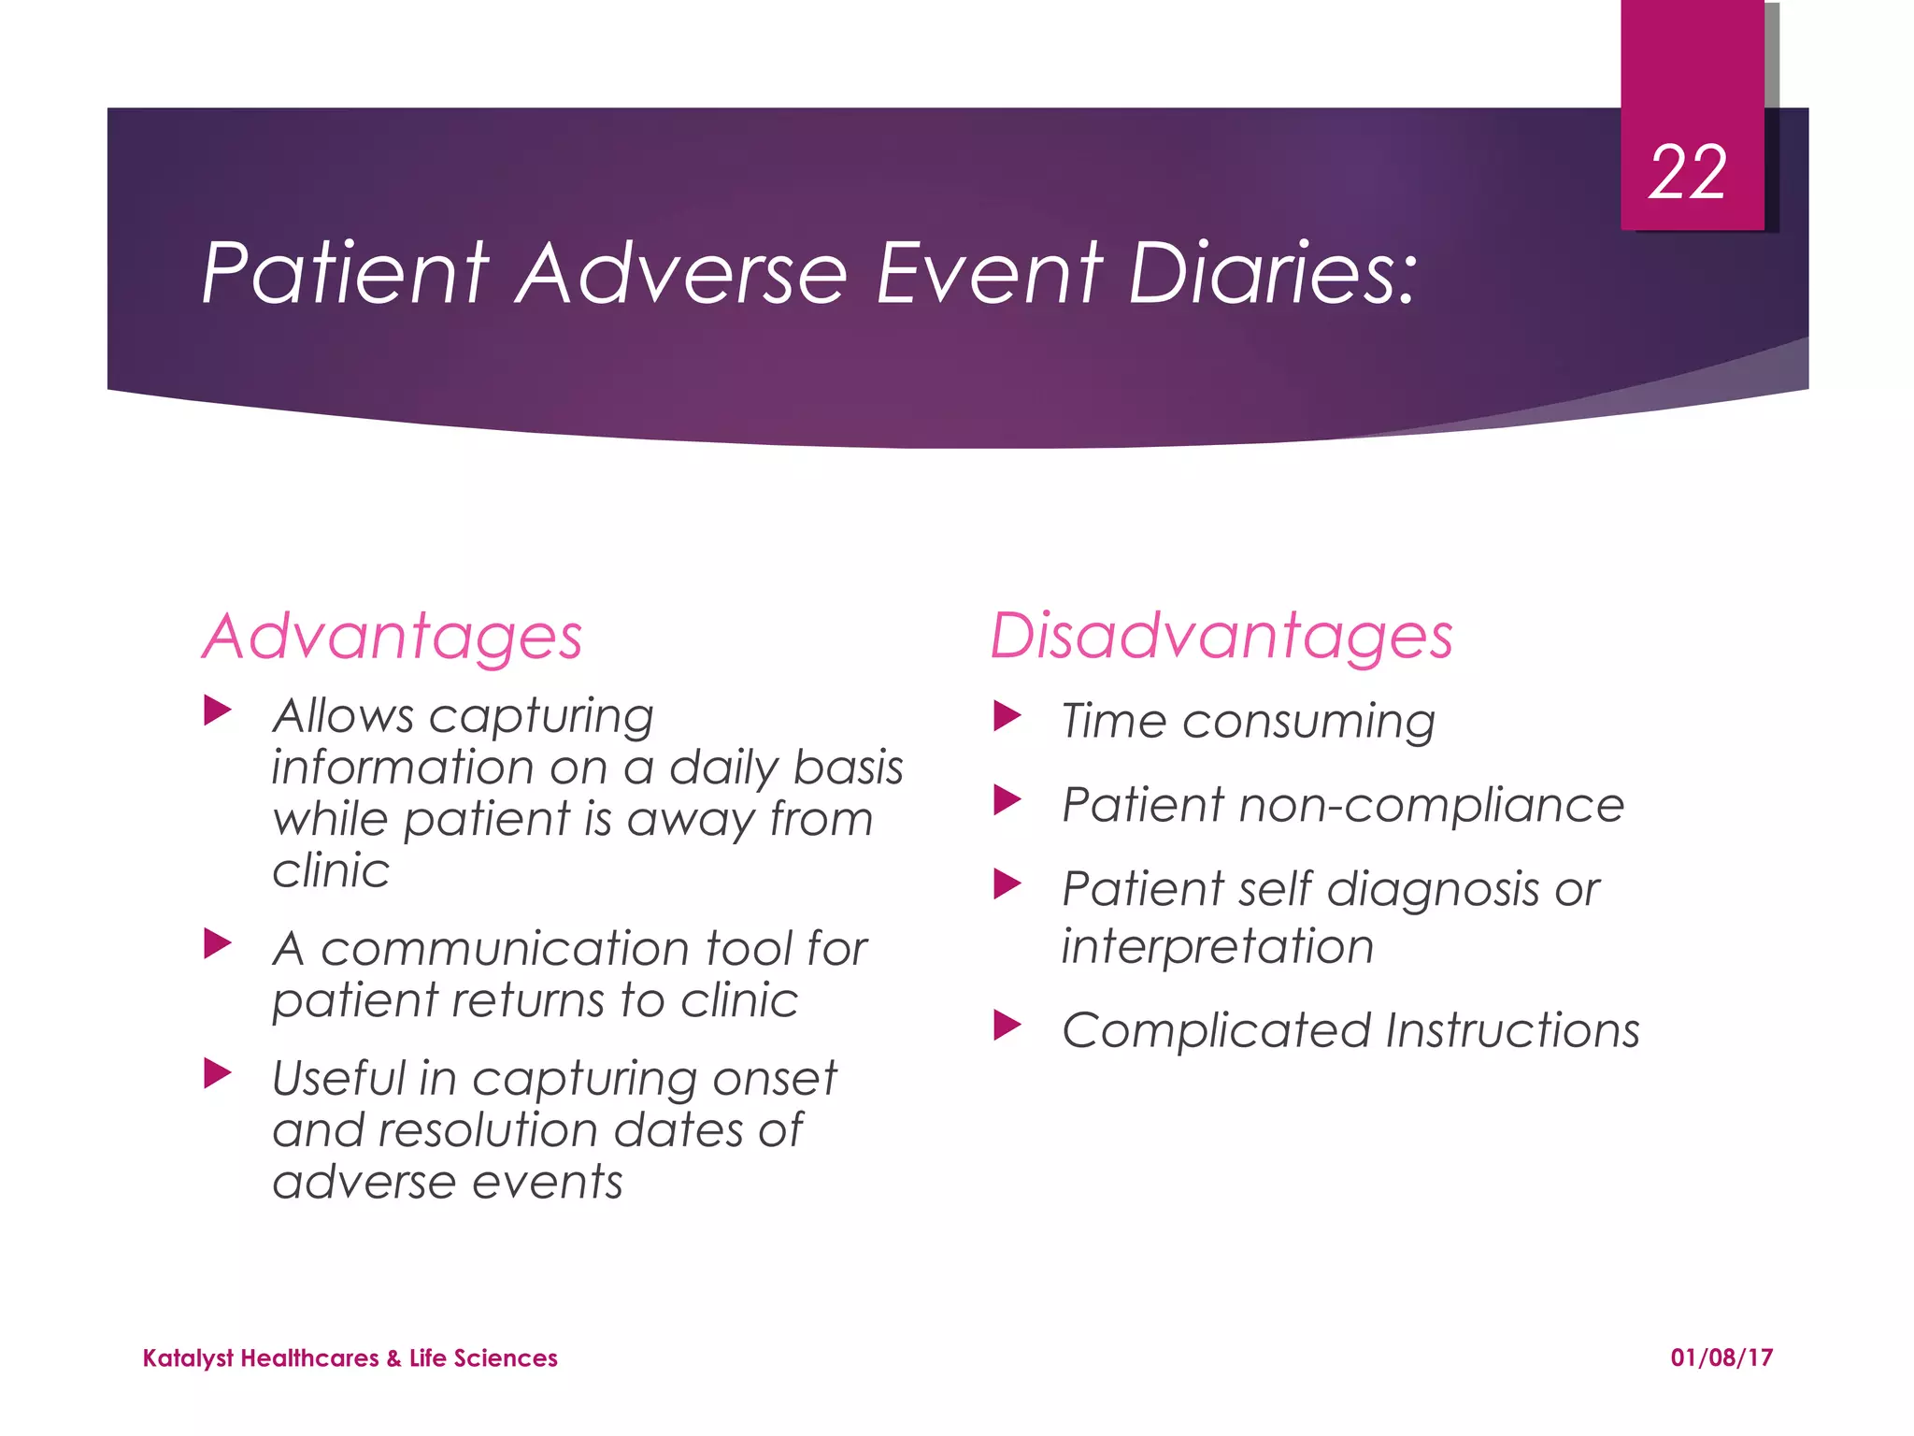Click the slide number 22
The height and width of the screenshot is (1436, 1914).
point(1687,174)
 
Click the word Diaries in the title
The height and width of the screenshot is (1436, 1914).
point(1271,273)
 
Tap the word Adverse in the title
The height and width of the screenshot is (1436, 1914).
point(682,273)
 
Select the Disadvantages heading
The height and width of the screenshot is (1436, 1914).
point(1221,638)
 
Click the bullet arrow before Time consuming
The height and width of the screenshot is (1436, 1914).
point(1007,717)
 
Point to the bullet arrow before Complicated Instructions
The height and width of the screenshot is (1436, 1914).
point(1007,1026)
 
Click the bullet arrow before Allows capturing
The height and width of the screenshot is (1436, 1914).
point(217,711)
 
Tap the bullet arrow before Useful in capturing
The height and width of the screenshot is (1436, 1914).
point(217,1073)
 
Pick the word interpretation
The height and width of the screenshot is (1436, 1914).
point(1217,947)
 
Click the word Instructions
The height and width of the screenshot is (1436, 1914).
point(1511,1030)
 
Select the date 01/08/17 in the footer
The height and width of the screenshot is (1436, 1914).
point(1721,1357)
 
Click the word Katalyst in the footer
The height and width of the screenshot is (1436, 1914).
point(188,1358)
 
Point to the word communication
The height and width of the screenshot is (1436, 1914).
point(505,949)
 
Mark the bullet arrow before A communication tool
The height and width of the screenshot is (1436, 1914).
point(217,943)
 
